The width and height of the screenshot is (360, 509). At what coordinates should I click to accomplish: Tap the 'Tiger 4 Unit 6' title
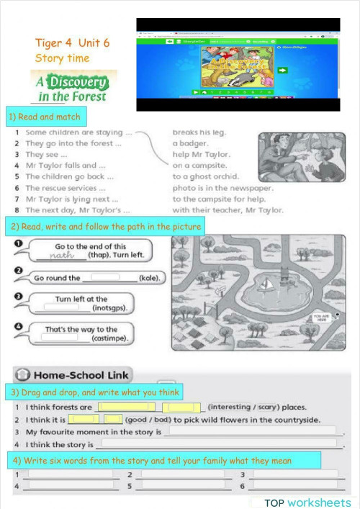click(x=72, y=42)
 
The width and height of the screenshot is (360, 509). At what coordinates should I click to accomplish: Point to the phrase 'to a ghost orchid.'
click(x=206, y=176)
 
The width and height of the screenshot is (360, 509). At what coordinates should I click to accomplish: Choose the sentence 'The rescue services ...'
click(x=60, y=188)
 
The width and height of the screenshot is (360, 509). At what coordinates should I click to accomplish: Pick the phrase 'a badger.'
click(x=190, y=143)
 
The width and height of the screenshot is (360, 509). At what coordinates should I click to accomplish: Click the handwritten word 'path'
click(x=63, y=255)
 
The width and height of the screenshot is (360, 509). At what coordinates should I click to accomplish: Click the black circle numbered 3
click(x=19, y=296)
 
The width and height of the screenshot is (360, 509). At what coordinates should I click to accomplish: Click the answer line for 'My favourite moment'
click(x=252, y=431)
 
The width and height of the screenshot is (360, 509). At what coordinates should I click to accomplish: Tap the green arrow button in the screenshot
click(x=282, y=71)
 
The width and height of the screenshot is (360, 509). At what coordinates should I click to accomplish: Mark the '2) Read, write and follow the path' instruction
click(x=105, y=227)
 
